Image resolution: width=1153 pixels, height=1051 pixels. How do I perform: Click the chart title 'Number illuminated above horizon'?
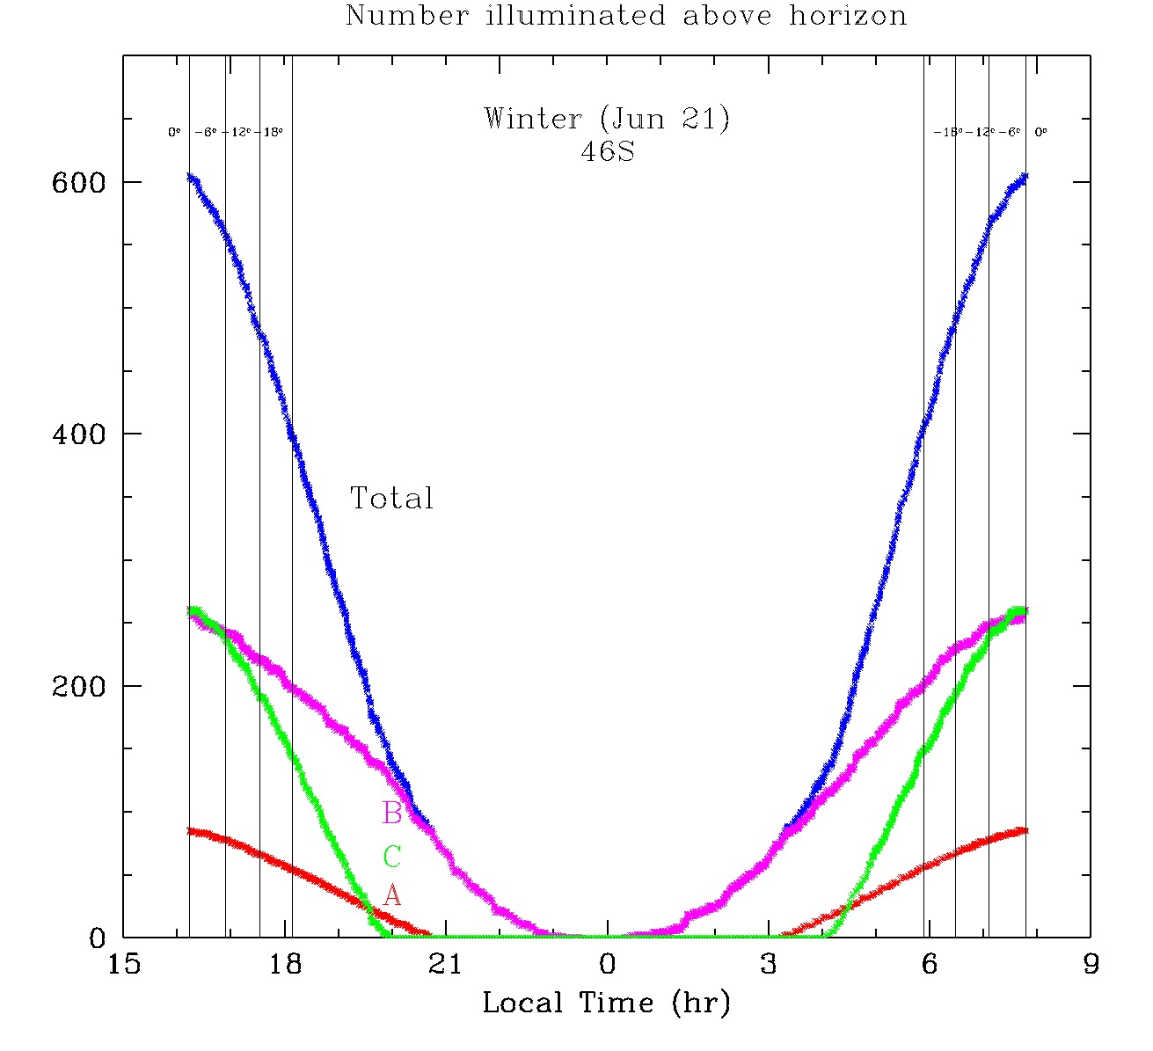coord(625,16)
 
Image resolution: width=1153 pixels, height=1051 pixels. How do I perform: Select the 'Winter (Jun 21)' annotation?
coord(607,119)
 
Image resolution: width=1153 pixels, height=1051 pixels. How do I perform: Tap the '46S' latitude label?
coord(607,151)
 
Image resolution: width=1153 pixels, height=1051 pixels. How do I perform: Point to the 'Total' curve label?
coord(392,499)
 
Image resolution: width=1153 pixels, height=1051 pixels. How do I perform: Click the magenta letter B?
coord(392,814)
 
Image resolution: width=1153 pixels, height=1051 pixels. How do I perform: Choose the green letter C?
coord(392,857)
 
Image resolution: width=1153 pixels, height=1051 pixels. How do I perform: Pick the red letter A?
coord(392,896)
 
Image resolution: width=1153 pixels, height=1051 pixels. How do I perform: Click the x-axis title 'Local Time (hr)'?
coord(606,1003)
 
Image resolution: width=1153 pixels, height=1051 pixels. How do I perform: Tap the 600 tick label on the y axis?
coord(78,182)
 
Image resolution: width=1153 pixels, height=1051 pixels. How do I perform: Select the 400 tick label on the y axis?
coord(78,434)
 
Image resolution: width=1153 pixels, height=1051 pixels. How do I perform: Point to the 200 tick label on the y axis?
coord(78,686)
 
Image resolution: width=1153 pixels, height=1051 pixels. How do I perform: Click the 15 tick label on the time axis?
coord(123,965)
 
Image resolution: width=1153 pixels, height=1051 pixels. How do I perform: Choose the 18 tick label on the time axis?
coord(285,965)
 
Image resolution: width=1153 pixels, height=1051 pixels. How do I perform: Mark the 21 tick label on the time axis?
coord(446,965)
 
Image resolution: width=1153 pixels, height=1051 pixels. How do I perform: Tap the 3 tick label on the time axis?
coord(769,965)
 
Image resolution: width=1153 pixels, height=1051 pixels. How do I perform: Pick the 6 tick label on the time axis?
coord(930,965)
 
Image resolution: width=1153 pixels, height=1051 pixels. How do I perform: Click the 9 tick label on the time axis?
coord(1091,965)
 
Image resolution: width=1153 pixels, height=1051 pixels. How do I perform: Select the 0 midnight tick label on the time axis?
coord(607,965)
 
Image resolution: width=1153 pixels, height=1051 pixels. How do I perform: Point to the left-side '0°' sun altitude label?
coord(174,133)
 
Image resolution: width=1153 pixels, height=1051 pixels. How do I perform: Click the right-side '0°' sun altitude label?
coord(1040,133)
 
